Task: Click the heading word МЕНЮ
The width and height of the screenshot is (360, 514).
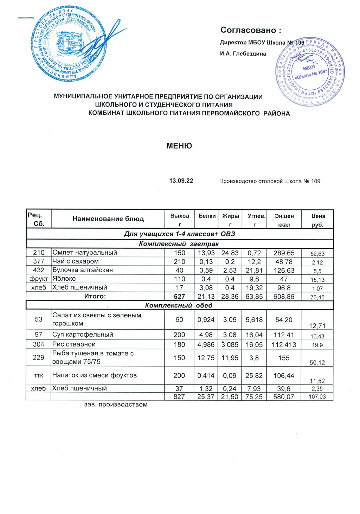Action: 179,146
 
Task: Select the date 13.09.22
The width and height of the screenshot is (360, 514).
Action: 181,181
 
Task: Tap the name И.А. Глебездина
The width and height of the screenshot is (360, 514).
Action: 243,54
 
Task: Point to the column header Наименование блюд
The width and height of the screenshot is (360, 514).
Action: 108,219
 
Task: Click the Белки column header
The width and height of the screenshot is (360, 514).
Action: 207,216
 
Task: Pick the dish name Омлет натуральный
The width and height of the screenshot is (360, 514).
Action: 85,253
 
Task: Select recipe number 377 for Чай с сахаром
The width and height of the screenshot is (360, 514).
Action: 39,261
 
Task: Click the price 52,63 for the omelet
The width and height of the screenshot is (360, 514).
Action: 317,254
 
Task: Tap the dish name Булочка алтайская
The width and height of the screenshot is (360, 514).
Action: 83,270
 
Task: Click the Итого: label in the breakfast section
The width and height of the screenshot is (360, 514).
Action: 95,296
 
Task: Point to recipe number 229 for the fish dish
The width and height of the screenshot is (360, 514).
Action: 39,357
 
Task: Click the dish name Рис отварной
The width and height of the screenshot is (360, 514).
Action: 74,344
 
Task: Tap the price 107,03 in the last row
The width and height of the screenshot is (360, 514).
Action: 317,397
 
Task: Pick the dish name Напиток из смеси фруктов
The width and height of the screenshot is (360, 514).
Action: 94,375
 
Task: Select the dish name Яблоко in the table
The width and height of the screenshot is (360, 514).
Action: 64,279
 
